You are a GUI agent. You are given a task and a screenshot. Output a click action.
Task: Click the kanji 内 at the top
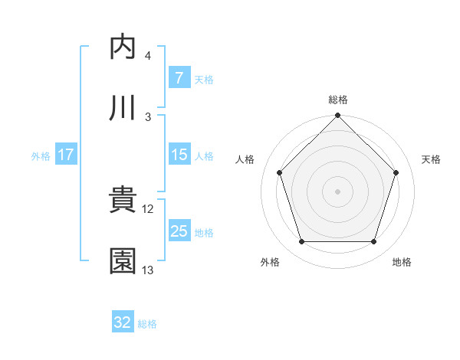123,47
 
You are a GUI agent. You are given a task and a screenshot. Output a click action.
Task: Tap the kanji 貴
123,201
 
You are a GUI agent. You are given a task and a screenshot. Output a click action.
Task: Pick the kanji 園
123,262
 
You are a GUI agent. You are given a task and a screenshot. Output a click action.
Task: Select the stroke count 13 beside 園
148,270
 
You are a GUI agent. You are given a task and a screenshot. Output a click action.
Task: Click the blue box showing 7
179,77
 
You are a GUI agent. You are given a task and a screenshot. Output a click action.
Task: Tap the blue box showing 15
179,155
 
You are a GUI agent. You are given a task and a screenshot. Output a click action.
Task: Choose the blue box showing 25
179,231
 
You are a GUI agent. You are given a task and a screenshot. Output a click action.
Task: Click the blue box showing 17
66,155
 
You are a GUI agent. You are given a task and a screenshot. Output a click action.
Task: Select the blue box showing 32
123,322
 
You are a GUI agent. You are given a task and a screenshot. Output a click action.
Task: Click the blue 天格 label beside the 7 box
204,79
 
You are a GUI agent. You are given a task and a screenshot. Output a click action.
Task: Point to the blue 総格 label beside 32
147,324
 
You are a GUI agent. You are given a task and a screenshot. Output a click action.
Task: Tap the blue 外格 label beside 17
41,156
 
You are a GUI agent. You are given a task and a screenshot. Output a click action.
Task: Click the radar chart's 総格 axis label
338,100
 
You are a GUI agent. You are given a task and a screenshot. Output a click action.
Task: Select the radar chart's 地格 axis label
402,262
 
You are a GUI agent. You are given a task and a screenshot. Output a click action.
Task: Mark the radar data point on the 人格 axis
280,172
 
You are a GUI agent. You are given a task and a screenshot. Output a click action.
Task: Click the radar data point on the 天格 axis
396,172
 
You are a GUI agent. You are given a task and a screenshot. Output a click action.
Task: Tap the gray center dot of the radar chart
338,191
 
